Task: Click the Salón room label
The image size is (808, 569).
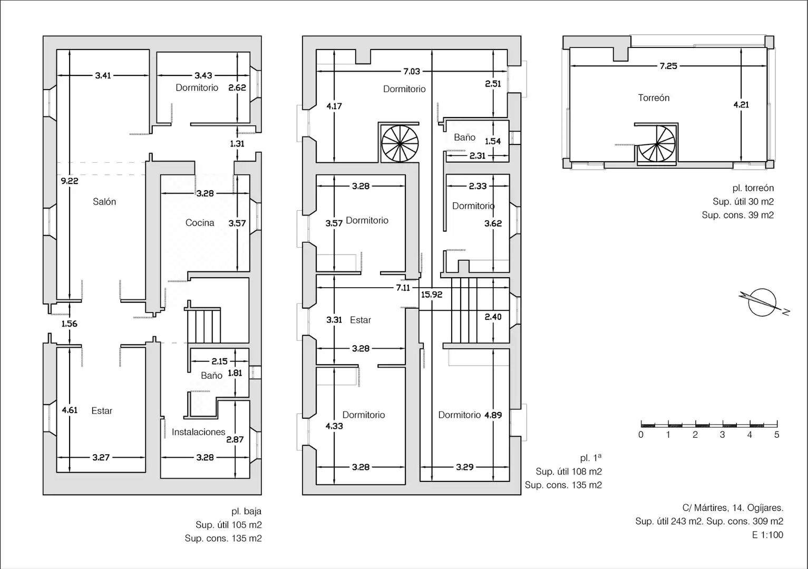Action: [104, 202]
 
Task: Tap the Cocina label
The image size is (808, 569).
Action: [200, 223]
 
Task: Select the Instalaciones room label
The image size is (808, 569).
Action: [198, 432]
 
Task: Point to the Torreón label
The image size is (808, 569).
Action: [654, 97]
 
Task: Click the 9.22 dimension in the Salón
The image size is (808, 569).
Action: [70, 181]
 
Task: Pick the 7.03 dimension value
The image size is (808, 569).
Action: [412, 72]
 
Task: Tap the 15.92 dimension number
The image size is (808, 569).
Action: [432, 295]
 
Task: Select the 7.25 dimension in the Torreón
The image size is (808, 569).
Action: [668, 66]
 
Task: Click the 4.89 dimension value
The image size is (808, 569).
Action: [493, 415]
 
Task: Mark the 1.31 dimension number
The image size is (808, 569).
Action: [237, 144]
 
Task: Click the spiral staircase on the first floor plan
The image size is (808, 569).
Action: [400, 143]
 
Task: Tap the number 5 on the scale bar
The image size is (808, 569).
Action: [776, 435]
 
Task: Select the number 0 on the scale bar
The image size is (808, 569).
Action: [640, 435]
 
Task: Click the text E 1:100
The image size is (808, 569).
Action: [767, 535]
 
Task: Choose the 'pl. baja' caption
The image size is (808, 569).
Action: [246, 511]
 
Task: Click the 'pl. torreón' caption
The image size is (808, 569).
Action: [753, 188]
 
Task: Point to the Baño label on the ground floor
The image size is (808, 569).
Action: [212, 376]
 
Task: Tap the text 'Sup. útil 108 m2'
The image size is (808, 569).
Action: [569, 472]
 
